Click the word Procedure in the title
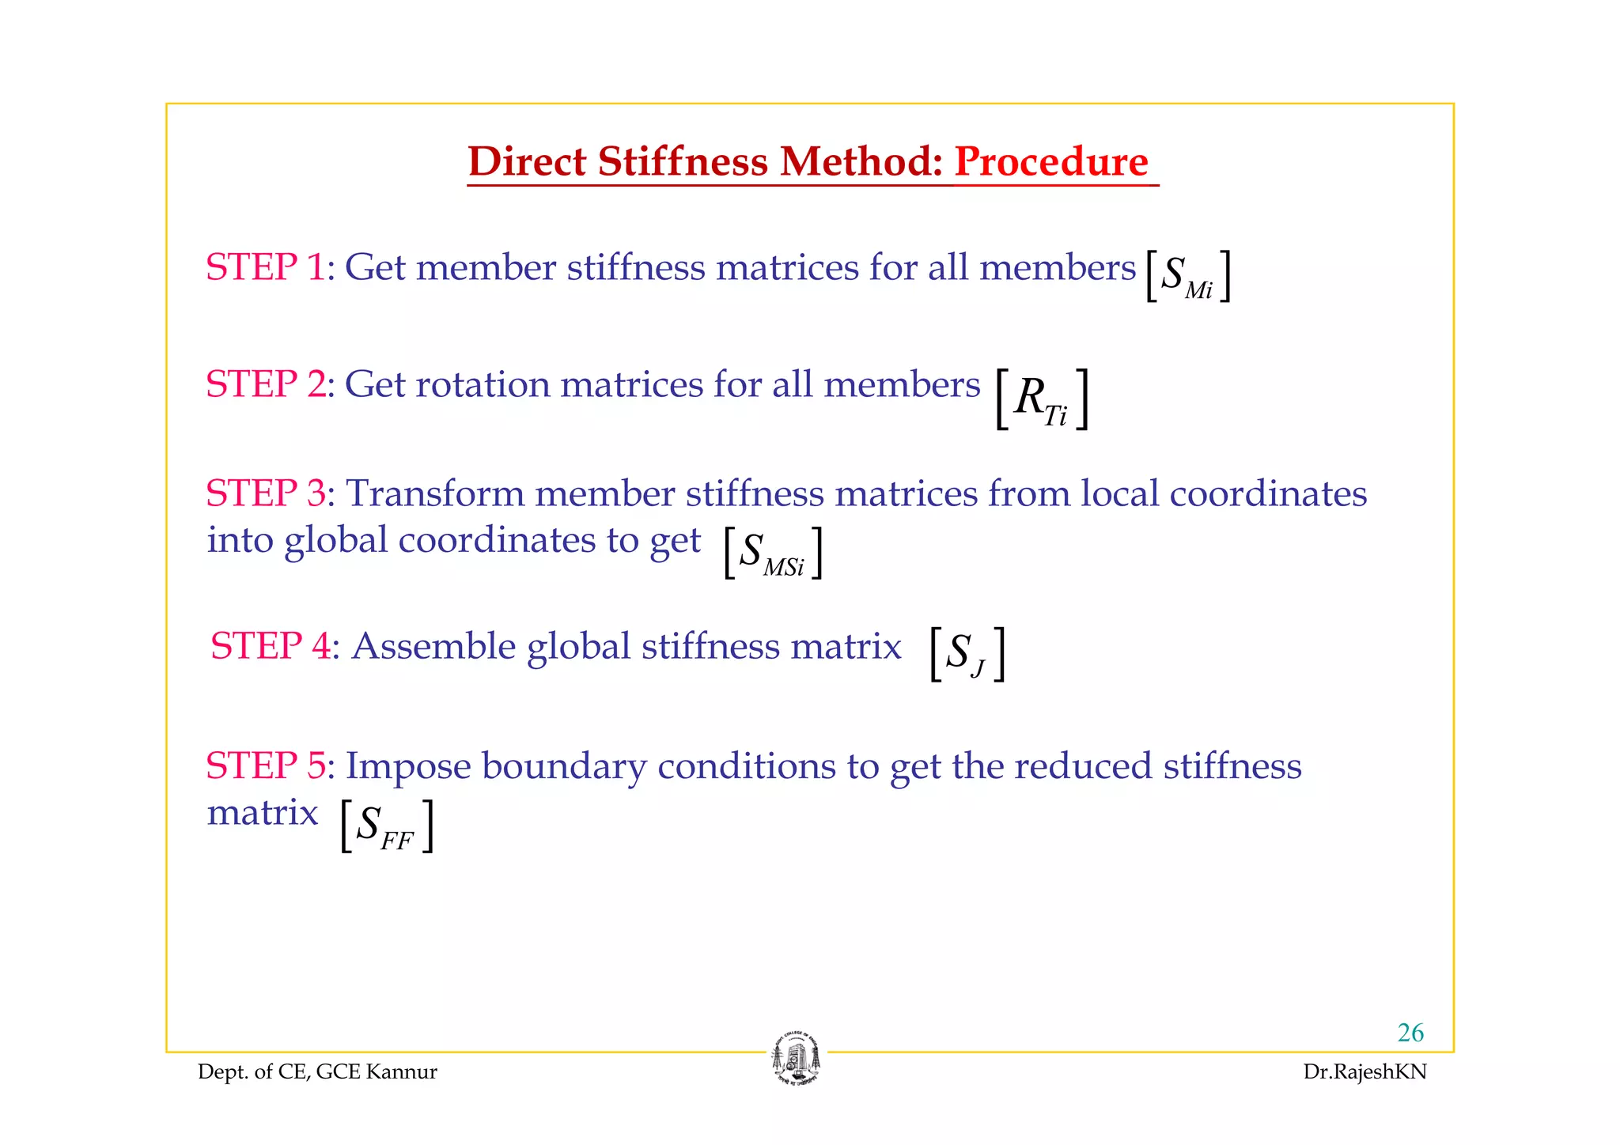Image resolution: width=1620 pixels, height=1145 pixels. coord(1051,162)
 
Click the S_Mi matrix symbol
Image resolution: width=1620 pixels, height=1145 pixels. coord(1187,276)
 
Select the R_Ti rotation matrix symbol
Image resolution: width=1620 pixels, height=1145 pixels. coord(1042,399)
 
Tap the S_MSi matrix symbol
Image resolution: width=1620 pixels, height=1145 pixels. coord(773,553)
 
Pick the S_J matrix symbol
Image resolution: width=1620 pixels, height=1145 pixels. coord(967,654)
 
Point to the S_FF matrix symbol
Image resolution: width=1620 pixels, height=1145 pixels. coord(386,826)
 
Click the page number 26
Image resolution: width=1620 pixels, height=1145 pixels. coord(1410,1033)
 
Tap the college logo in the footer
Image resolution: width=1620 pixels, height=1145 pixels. coord(797,1059)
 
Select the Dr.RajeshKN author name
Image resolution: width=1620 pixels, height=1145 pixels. coord(1365,1071)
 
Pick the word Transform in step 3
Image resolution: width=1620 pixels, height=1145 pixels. coord(434,493)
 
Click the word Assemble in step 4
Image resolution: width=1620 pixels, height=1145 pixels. coord(433,646)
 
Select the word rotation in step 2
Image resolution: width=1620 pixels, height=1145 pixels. coord(482,384)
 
